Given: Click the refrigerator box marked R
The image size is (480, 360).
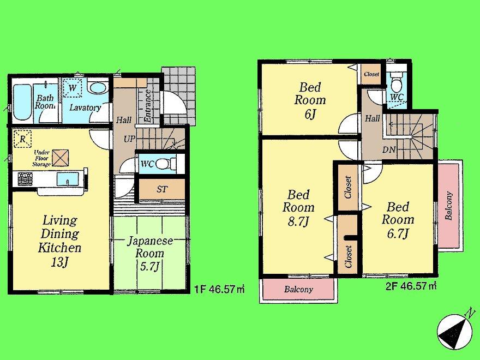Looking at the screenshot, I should [22, 139].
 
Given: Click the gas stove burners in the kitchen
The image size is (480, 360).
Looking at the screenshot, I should [24, 178].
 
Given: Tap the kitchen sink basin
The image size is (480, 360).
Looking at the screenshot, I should [68, 178].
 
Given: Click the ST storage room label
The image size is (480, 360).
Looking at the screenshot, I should [162, 189].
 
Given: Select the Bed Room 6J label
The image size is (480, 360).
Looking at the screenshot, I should [310, 100].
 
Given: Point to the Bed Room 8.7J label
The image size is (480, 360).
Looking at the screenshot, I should [298, 208].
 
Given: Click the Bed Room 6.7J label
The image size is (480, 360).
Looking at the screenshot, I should [398, 220].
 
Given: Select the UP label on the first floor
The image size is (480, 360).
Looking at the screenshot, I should [129, 139].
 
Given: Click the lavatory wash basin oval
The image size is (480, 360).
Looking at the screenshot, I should [98, 88].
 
